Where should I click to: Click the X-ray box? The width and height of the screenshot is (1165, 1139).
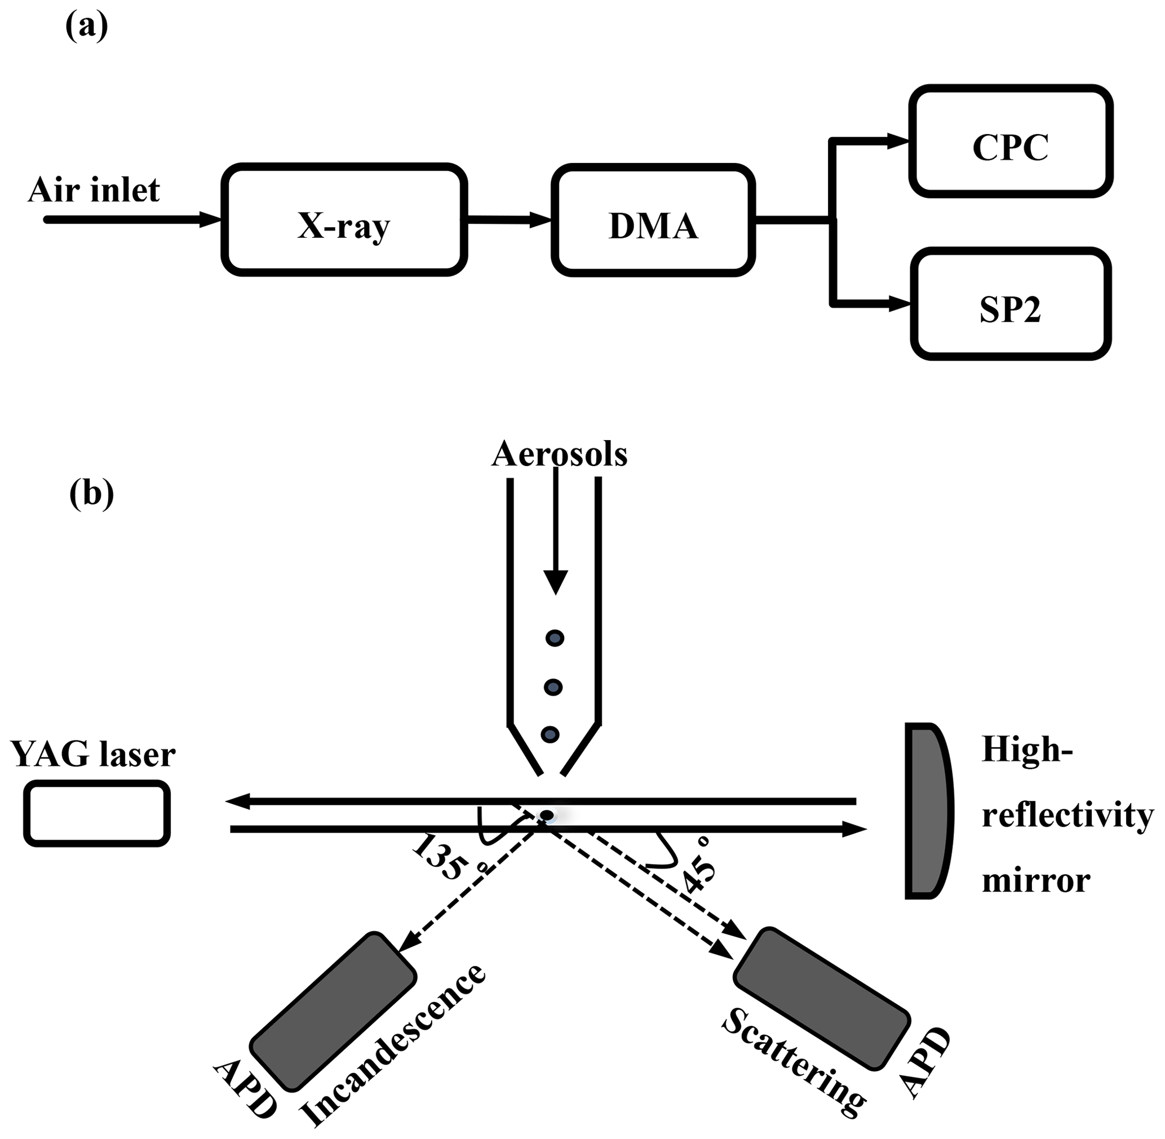coord(344,220)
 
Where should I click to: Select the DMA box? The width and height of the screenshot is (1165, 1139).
coord(653,220)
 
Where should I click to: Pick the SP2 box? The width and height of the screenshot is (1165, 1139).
coord(1011,304)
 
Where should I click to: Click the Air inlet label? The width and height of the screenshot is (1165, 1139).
coord(94,190)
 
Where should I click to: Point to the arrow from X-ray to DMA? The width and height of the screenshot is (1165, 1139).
coord(508,220)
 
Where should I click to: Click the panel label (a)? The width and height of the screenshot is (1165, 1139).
coord(86,27)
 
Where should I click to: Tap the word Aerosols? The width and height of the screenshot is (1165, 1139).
coord(559,454)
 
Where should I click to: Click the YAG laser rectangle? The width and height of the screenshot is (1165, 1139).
coord(97,814)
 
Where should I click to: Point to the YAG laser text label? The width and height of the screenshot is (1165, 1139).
coord(94,755)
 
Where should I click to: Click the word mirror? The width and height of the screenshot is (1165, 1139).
coord(1036,880)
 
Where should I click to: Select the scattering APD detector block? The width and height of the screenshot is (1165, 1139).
coord(822,998)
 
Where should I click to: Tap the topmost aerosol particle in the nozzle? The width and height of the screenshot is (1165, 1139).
coord(555,639)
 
